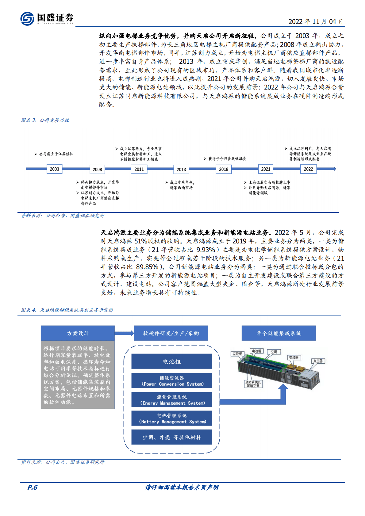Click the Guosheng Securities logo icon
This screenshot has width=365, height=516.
click(27, 18)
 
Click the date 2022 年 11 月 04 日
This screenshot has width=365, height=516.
click(316, 21)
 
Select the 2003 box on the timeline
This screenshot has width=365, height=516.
click(55, 169)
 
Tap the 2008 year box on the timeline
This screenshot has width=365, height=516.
click(97, 169)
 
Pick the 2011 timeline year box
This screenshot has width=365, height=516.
click(139, 169)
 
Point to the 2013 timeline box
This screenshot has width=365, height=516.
click(181, 169)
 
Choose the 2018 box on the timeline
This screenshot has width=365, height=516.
click(224, 169)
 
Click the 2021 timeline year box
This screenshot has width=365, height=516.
click(266, 169)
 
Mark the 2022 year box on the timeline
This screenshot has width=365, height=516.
click(308, 169)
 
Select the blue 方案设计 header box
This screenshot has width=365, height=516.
click(78, 333)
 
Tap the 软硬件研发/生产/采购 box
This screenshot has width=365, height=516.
click(171, 333)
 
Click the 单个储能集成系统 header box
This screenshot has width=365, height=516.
click(279, 333)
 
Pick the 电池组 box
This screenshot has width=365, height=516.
click(171, 361)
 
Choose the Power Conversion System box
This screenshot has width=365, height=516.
click(171, 381)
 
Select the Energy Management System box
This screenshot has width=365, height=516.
click(171, 400)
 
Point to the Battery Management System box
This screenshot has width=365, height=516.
click(171, 419)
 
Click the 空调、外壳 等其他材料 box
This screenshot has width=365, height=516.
click(171, 437)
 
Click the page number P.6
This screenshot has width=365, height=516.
click(32, 487)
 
